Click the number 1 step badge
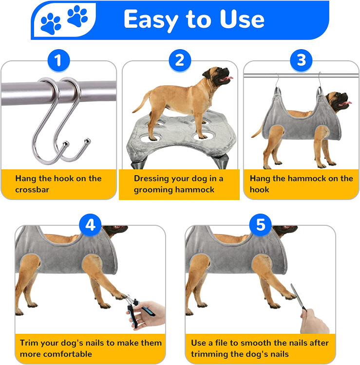[58, 60]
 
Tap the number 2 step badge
[180, 60]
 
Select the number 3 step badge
[301, 60]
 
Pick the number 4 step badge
[91, 225]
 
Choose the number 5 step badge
[260, 225]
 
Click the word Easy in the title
[151, 20]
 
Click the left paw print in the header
[51, 24]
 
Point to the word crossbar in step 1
[32, 189]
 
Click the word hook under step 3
[259, 189]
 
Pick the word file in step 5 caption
[221, 343]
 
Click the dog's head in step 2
[217, 75]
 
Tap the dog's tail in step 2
[142, 102]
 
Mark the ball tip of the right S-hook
[88, 141]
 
